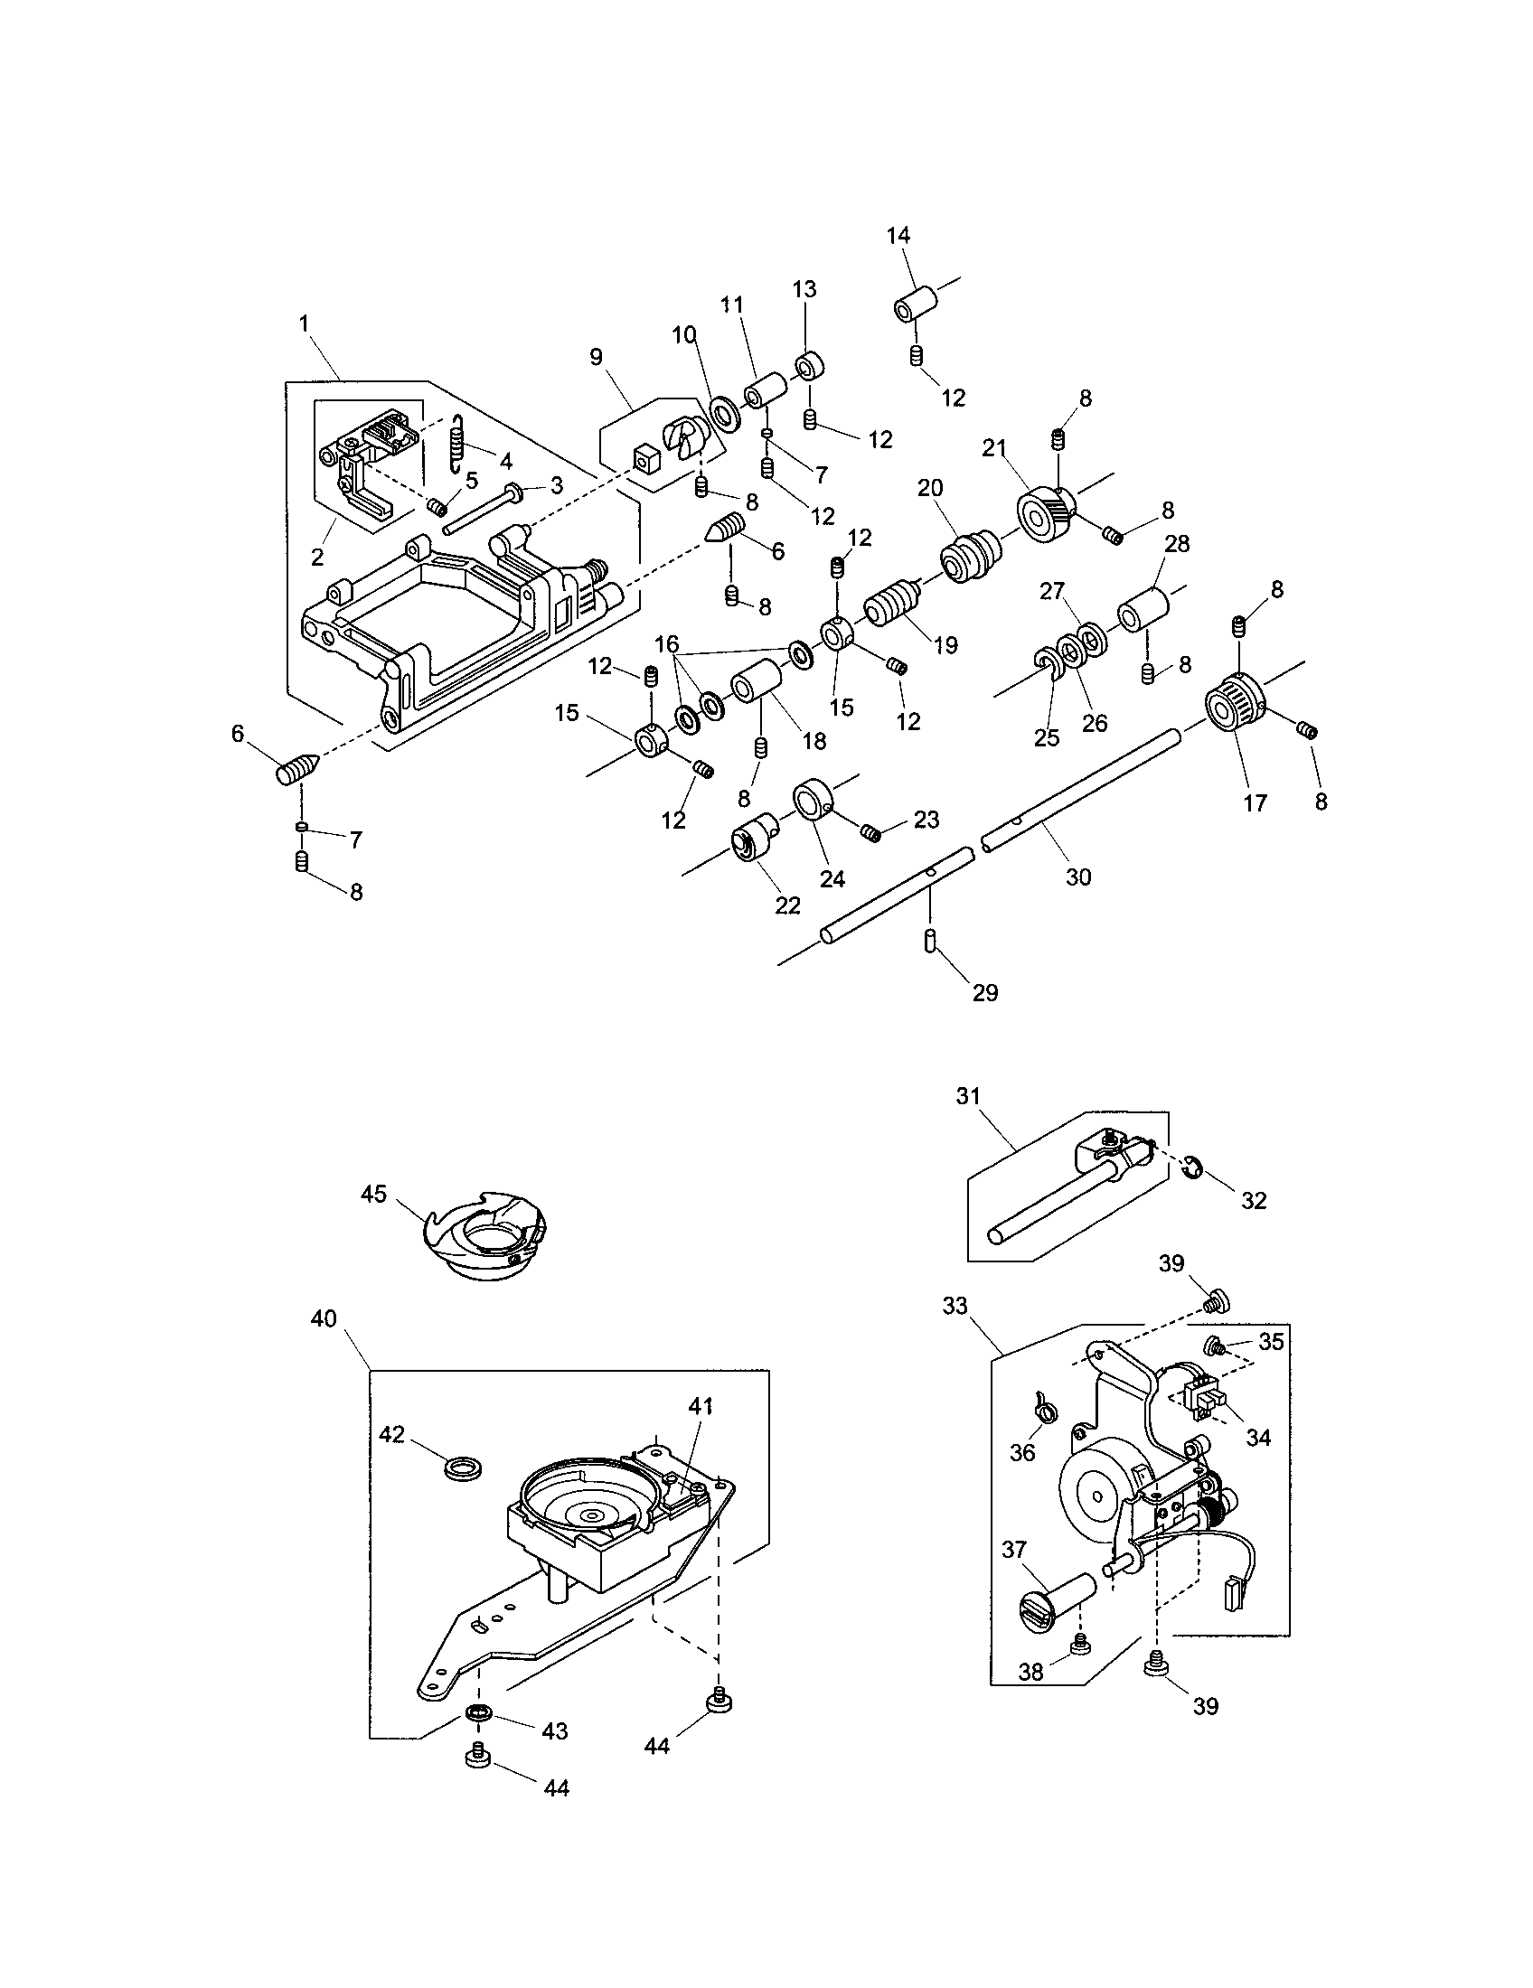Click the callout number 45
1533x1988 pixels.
374,1193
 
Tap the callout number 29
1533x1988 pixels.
985,992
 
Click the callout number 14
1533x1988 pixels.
898,235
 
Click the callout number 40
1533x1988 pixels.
324,1318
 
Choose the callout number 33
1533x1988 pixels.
955,1306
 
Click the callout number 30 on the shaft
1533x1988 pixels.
1077,877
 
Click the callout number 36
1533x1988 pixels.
1022,1452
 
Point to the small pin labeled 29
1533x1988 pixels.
929,940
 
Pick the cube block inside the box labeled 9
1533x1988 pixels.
647,461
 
